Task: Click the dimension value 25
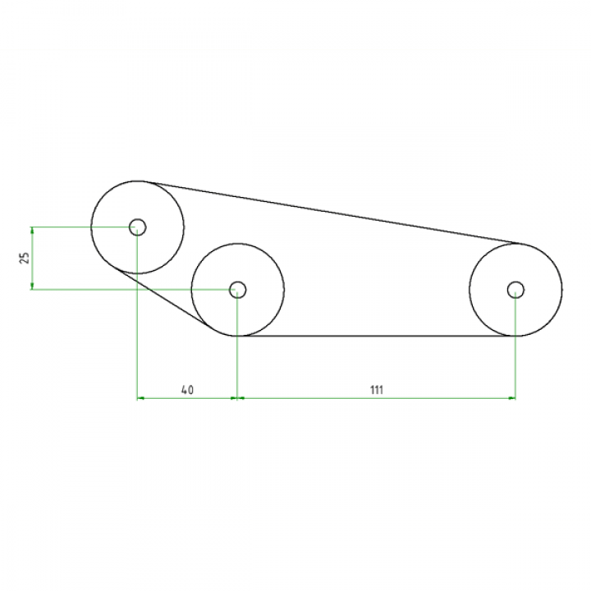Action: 25,258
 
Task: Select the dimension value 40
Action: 186,390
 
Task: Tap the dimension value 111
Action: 376,390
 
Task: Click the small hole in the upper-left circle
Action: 137,227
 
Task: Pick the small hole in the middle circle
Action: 237,289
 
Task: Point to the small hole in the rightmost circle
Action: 515,289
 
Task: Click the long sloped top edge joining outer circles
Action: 328,212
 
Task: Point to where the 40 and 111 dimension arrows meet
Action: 236,398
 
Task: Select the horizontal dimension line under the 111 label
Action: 376,398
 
